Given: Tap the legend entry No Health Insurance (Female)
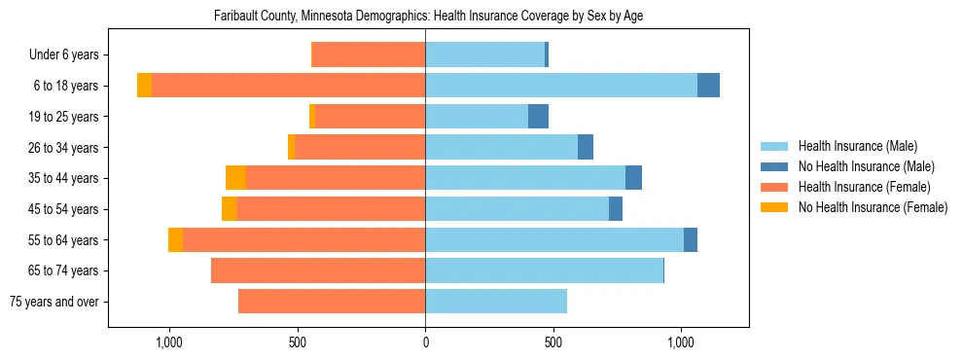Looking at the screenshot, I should click(873, 207).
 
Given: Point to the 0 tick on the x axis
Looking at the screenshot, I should click(425, 343).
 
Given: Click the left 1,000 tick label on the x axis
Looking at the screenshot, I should click(169, 343).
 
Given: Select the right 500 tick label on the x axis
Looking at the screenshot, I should click(553, 343).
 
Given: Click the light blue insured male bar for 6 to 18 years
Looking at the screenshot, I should click(561, 86).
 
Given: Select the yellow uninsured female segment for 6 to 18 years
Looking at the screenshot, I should click(144, 86).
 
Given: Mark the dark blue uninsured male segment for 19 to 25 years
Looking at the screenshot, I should click(538, 117).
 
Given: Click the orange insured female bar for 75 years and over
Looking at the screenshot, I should click(332, 302).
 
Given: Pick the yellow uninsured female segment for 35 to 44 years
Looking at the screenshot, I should click(235, 178).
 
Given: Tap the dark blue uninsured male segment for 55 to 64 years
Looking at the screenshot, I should click(691, 239).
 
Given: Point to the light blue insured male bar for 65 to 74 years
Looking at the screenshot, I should click(544, 270).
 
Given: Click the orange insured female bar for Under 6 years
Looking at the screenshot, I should click(368, 55).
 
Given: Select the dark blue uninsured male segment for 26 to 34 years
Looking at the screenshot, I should click(586, 147).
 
